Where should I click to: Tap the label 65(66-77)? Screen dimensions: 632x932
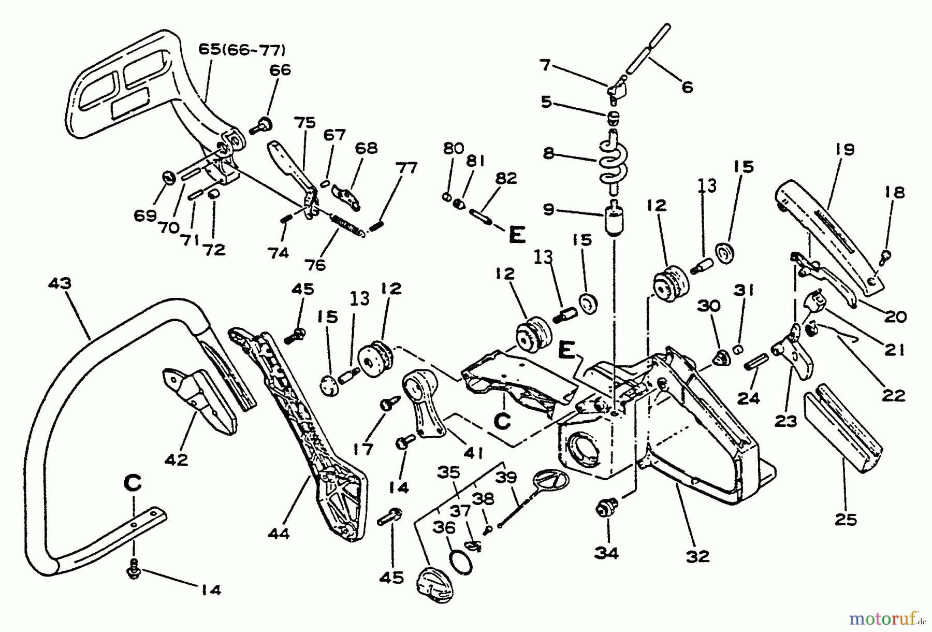242,50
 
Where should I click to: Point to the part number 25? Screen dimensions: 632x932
846,519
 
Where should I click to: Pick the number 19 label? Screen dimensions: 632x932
844,150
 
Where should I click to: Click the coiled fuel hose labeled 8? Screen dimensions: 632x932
613,161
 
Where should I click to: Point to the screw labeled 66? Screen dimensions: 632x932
260,126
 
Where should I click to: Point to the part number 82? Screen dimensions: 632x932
506,178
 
